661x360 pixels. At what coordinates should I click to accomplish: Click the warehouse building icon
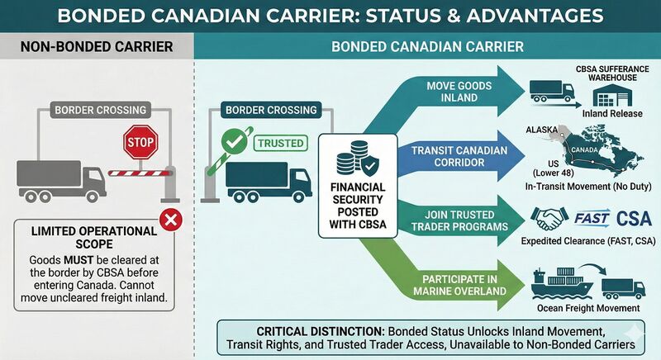point(612,95)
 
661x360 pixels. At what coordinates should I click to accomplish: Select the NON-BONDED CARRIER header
point(97,47)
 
